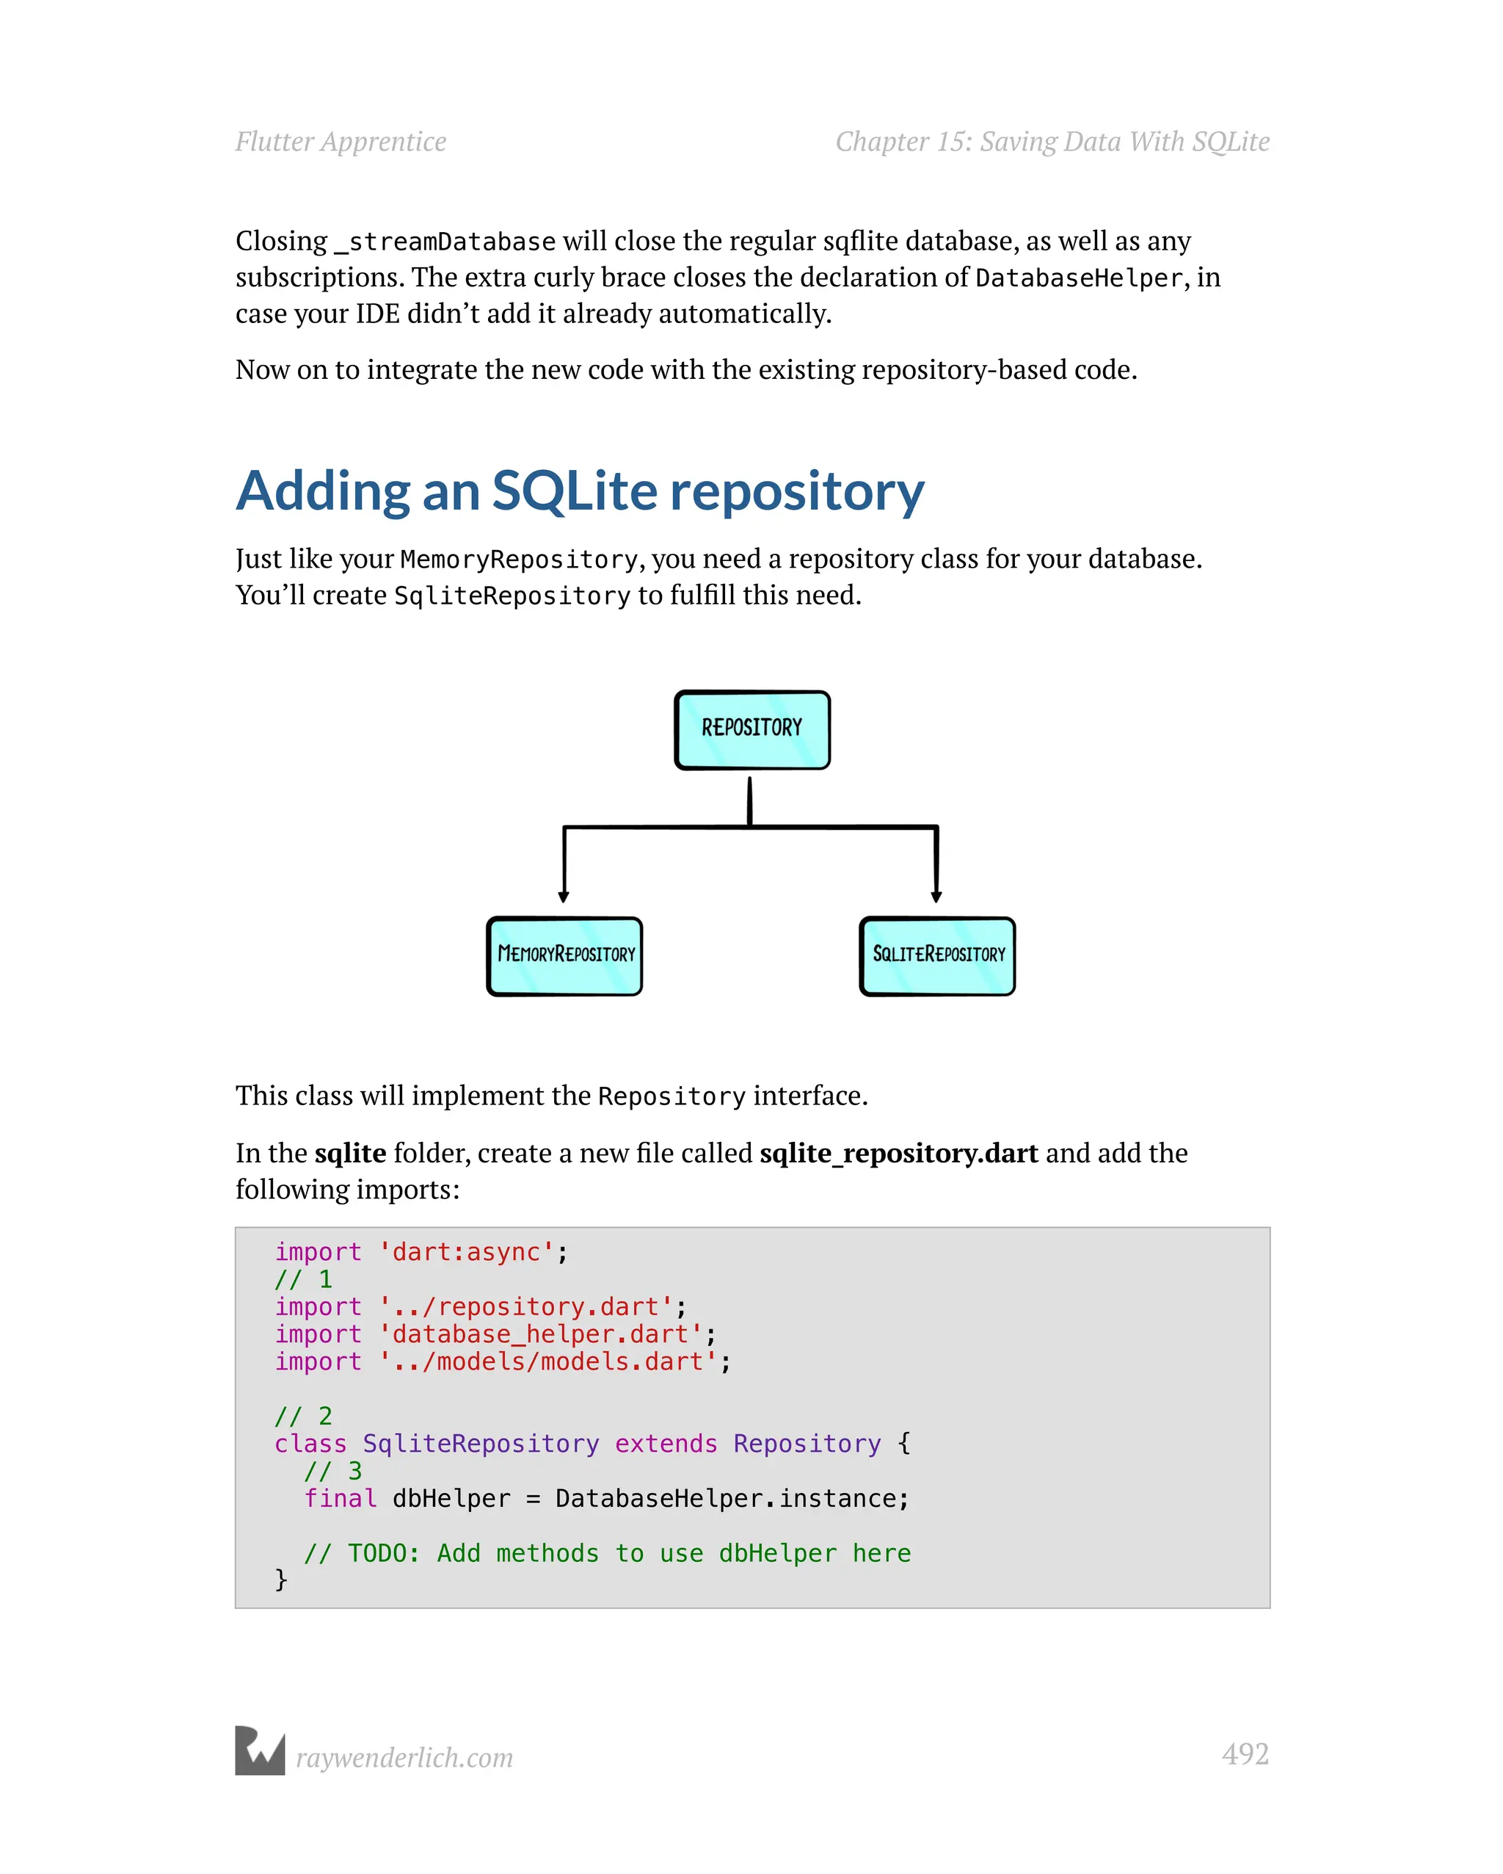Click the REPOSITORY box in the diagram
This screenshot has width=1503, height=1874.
coord(751,730)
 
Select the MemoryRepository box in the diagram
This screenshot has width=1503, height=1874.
coord(564,956)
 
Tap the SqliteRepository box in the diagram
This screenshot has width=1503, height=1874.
coord(937,956)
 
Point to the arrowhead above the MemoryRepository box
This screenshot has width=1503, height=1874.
coord(564,896)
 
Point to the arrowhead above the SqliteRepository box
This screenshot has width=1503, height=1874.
coord(936,896)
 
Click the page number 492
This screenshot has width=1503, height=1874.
coord(1244,1753)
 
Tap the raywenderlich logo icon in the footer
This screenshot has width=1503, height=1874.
coord(260,1751)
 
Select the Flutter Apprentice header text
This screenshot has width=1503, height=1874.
coord(341,142)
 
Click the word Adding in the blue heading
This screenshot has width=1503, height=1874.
coord(323,492)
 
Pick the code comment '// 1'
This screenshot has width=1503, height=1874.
coord(303,1279)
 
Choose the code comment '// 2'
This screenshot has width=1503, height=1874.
coord(303,1416)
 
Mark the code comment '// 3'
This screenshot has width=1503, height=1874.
coord(332,1471)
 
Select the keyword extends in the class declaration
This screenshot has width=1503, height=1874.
coord(666,1444)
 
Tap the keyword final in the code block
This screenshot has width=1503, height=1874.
coord(340,1499)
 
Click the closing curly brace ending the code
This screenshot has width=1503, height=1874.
coord(280,1580)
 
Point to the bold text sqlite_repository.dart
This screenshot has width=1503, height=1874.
coord(898,1154)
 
